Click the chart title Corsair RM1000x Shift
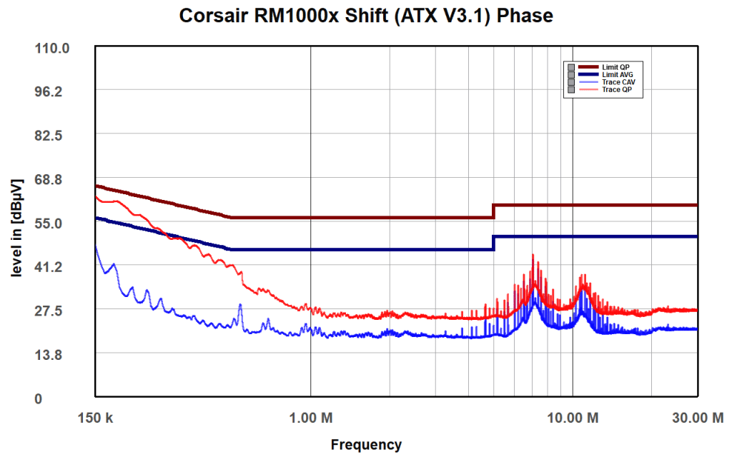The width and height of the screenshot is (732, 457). [366, 16]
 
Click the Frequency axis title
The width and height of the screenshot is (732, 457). [366, 445]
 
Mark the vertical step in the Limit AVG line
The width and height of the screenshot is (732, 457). [493, 243]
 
